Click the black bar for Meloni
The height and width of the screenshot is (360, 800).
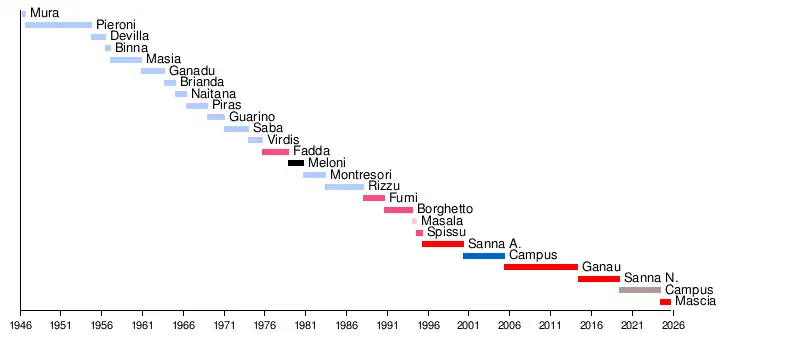(x=296, y=163)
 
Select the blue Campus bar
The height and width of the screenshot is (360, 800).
(x=484, y=255)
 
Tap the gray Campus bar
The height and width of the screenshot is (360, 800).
(x=640, y=290)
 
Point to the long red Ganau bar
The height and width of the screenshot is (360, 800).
(x=541, y=267)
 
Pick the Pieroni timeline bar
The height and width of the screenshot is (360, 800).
(x=59, y=25)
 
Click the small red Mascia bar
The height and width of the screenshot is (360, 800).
(x=665, y=302)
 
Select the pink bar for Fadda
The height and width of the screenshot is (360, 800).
(x=276, y=152)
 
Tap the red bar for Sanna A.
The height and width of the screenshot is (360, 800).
(x=443, y=244)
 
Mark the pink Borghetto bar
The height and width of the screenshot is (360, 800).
(x=398, y=210)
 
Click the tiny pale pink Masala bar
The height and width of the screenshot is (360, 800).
(x=414, y=221)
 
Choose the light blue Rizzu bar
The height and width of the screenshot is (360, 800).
(x=344, y=187)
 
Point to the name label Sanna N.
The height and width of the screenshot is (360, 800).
(x=651, y=278)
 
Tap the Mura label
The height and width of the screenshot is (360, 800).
(x=44, y=13)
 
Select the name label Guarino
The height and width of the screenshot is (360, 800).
(x=252, y=117)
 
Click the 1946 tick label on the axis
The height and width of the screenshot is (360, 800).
(x=20, y=325)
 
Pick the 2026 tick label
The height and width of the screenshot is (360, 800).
(x=673, y=325)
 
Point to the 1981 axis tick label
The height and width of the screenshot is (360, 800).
(x=305, y=325)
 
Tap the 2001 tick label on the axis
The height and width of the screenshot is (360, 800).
(x=468, y=325)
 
